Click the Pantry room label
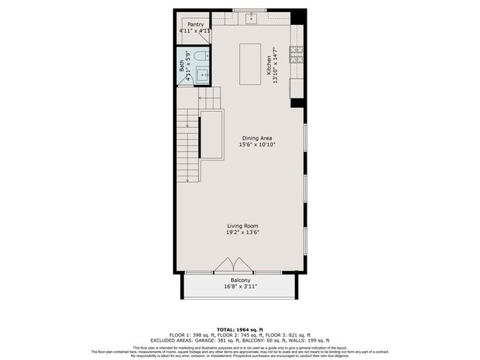196,25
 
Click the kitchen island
250,63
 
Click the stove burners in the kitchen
296,53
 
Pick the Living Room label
243,226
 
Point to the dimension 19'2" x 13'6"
243,232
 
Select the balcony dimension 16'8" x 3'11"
240,286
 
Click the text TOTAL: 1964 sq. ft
240,329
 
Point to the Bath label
182,65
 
